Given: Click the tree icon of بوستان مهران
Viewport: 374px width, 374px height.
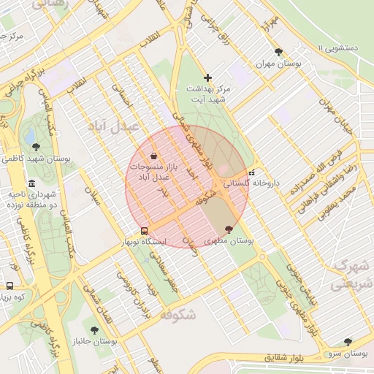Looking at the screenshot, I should click(x=279, y=52).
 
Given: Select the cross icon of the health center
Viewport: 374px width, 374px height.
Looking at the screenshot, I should click(x=208, y=77).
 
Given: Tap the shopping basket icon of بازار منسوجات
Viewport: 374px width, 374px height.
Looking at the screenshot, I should click(x=153, y=156).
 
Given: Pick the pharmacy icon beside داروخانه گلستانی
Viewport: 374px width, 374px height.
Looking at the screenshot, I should click(x=252, y=174).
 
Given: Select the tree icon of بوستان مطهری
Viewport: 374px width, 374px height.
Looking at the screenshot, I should click(x=229, y=229).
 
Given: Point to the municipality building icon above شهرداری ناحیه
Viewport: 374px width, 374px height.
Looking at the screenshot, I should click(x=31, y=183).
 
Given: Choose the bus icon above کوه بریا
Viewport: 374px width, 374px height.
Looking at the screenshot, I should click(x=9, y=286).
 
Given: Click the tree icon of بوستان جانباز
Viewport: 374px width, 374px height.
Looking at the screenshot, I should click(x=95, y=329).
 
